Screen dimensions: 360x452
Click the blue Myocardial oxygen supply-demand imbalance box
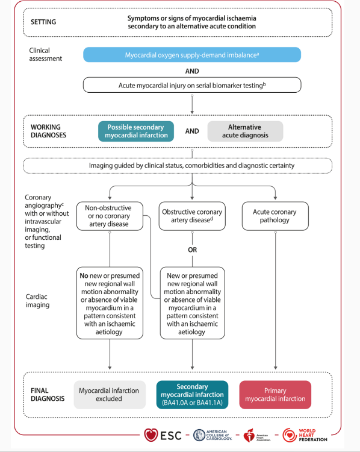click(192, 55)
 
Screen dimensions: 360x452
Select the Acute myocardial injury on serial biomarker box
click(192, 85)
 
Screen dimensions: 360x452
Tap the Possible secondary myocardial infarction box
click(136, 131)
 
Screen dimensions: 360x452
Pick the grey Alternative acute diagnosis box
click(245, 131)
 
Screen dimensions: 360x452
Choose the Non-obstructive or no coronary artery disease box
click(110, 216)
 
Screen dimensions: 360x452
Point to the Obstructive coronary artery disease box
click(192, 216)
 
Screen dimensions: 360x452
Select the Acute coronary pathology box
click(275, 216)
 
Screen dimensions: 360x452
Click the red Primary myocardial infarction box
click(275, 395)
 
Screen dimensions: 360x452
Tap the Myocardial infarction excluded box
click(110, 395)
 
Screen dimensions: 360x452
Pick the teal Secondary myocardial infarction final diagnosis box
click(192, 395)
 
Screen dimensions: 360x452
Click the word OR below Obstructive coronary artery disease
click(193, 250)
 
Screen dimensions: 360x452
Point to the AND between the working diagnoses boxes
click(192, 131)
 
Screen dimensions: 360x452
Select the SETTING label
click(43, 22)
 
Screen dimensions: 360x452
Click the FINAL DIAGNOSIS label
click(48, 395)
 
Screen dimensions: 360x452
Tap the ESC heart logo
click(151, 435)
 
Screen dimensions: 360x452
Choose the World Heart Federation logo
click(305, 435)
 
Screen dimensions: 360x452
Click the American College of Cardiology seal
click(199, 435)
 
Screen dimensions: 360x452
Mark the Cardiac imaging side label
click(38, 301)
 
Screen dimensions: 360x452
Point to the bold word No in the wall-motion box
click(84, 275)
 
